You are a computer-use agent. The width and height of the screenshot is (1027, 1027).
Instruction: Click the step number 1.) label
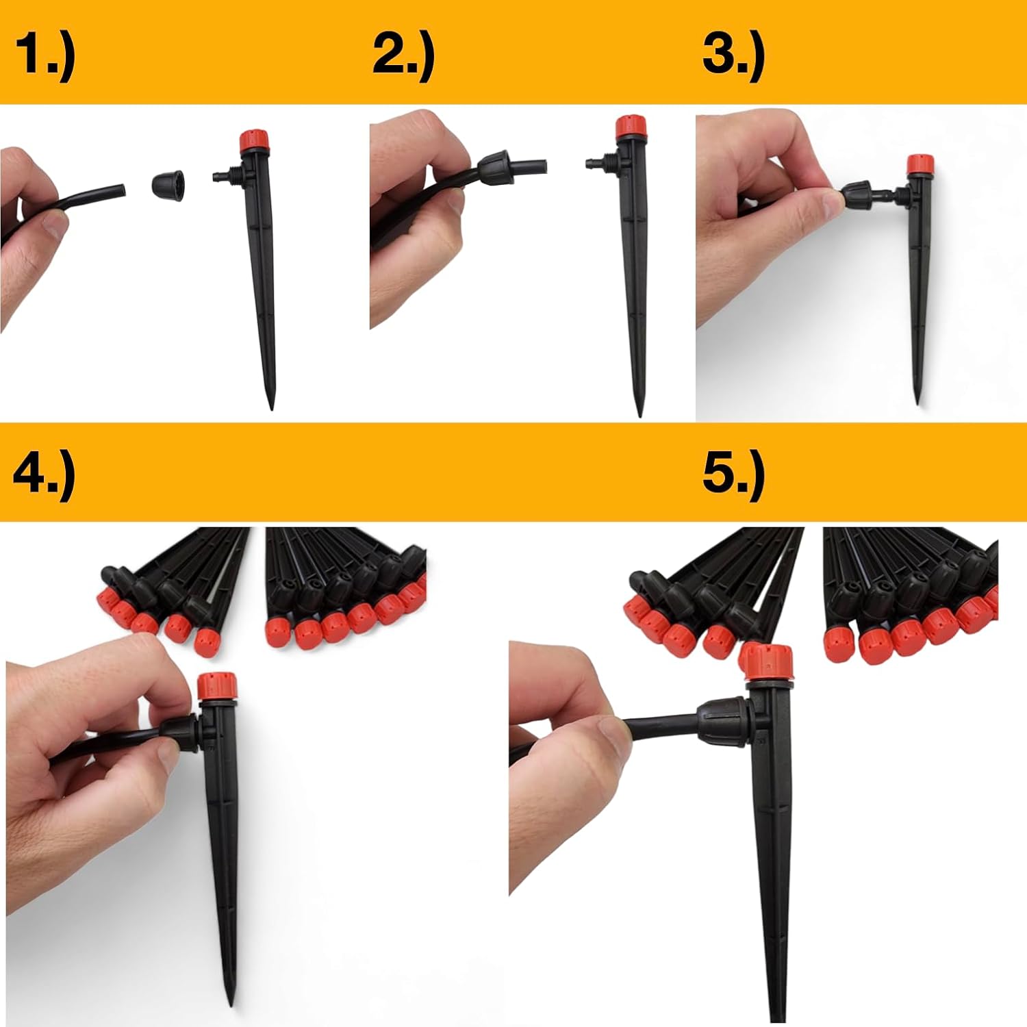(45, 56)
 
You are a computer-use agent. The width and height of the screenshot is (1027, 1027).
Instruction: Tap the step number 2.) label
(404, 56)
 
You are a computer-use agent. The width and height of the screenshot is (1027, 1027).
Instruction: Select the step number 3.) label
(733, 56)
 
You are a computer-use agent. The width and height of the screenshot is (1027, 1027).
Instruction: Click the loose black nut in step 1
(170, 184)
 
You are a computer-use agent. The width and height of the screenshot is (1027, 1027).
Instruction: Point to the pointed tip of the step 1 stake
(271, 408)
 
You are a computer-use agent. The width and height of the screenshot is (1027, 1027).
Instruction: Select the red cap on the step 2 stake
(631, 127)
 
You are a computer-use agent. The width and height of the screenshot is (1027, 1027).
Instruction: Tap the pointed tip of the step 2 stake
(639, 414)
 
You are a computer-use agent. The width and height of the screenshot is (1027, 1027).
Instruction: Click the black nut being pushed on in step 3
(857, 196)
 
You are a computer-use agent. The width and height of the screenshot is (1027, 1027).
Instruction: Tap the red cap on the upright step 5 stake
(767, 661)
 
